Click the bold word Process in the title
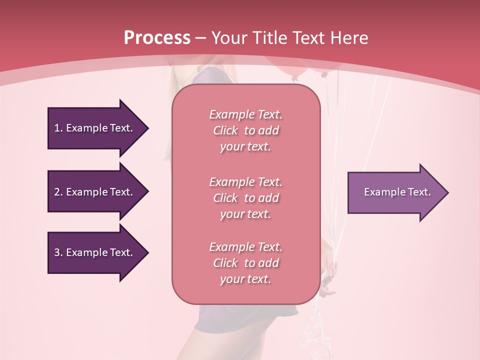(157, 38)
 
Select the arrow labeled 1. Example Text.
(95, 128)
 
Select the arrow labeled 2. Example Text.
(95, 192)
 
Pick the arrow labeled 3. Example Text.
(95, 252)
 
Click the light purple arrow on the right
(395, 192)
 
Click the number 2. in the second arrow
(58, 192)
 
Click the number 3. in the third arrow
(58, 252)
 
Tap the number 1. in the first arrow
(58, 128)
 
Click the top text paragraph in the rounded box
(245, 130)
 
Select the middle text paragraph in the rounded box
(245, 198)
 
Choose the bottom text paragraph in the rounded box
(245, 263)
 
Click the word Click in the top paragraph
(225, 130)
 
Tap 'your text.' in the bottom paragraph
(245, 279)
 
